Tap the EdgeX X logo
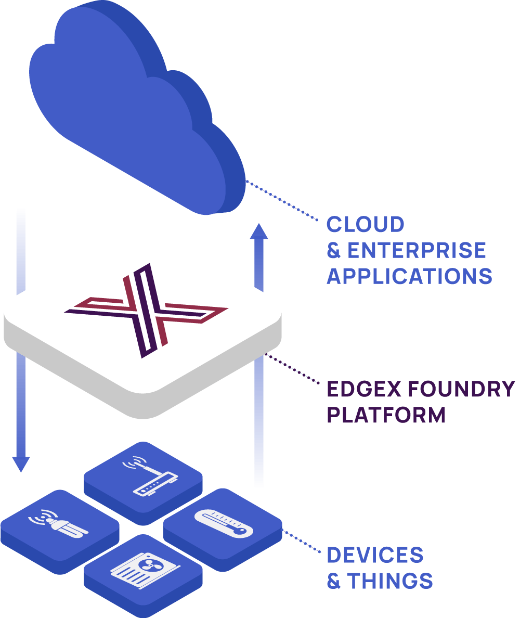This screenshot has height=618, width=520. [x=146, y=311]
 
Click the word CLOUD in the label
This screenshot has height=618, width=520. [x=365, y=225]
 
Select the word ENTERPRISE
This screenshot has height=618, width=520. [x=417, y=250]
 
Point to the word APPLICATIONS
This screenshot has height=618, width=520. [x=409, y=276]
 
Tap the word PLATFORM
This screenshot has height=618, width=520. [x=386, y=415]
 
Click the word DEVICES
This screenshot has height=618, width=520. [x=375, y=555]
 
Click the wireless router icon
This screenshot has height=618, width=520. [x=143, y=475]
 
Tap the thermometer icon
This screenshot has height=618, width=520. [x=224, y=523]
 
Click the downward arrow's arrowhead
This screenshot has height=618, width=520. [x=21, y=463]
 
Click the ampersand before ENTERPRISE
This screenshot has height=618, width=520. [x=333, y=251]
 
